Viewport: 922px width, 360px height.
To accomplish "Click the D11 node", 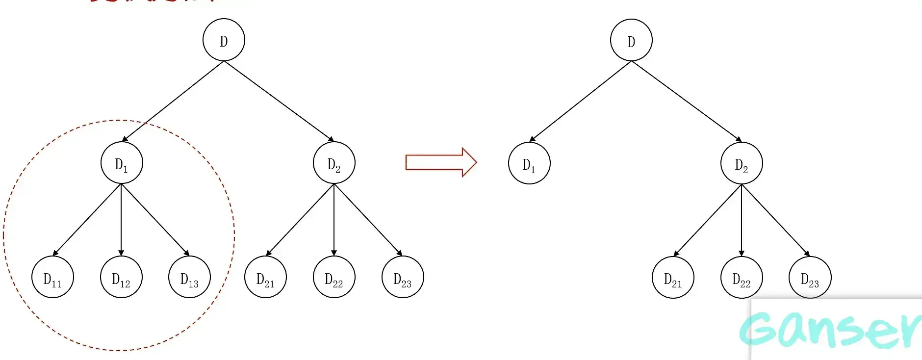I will [x=52, y=277].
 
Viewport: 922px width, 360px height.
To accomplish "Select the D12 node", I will [x=121, y=277].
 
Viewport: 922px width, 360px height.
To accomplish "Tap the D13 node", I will [x=189, y=277].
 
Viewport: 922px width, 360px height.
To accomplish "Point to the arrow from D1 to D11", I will [x=87, y=220].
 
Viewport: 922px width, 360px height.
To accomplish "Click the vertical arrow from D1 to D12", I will [x=121, y=220].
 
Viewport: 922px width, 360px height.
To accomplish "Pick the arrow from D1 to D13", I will [x=155, y=220].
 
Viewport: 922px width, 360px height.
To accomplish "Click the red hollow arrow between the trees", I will [x=441, y=162].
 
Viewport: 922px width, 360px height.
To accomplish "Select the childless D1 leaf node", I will [x=529, y=163].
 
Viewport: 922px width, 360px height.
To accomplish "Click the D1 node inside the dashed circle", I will [x=122, y=163].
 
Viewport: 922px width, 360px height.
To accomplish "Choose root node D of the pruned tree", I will [x=631, y=40].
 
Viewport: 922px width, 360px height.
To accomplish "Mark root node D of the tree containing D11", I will [x=224, y=40].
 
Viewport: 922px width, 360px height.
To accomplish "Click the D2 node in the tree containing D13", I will [x=334, y=163].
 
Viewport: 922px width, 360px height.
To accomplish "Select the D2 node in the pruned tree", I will [x=742, y=163].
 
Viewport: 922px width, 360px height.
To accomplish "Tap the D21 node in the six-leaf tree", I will [x=265, y=277].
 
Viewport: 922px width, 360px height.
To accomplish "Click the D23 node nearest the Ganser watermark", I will [x=810, y=278].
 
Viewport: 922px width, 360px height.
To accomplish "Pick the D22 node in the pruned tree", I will [x=742, y=278].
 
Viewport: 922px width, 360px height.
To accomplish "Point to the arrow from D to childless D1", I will [x=580, y=102].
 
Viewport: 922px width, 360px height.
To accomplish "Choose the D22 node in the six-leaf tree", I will [x=334, y=277].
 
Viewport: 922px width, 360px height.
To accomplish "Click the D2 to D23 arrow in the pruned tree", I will [x=775, y=220].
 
